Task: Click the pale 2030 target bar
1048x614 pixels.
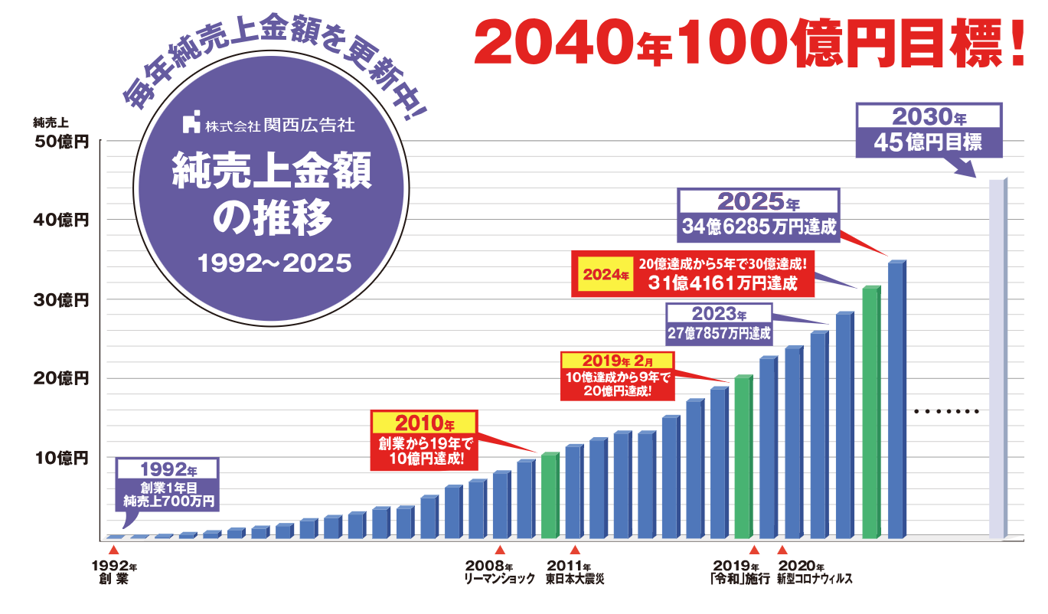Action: (x=996, y=360)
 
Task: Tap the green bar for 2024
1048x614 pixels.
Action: (x=870, y=413)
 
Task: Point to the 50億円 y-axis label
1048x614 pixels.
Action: (x=62, y=142)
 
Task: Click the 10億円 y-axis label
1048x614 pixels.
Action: (x=62, y=458)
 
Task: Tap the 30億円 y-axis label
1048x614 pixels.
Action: (x=62, y=299)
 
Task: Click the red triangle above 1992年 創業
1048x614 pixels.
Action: (x=113, y=550)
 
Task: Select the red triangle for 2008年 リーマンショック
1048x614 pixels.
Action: (x=499, y=550)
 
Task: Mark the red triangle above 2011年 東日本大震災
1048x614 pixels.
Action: (x=575, y=550)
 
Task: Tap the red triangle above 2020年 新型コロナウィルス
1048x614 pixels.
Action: (x=782, y=550)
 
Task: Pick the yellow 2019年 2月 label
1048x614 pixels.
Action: (x=618, y=360)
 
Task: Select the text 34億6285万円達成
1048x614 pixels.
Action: (x=758, y=227)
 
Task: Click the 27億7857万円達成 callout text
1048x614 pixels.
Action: (x=718, y=333)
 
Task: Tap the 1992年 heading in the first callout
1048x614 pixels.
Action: (x=168, y=468)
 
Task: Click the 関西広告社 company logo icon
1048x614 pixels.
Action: (x=191, y=122)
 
